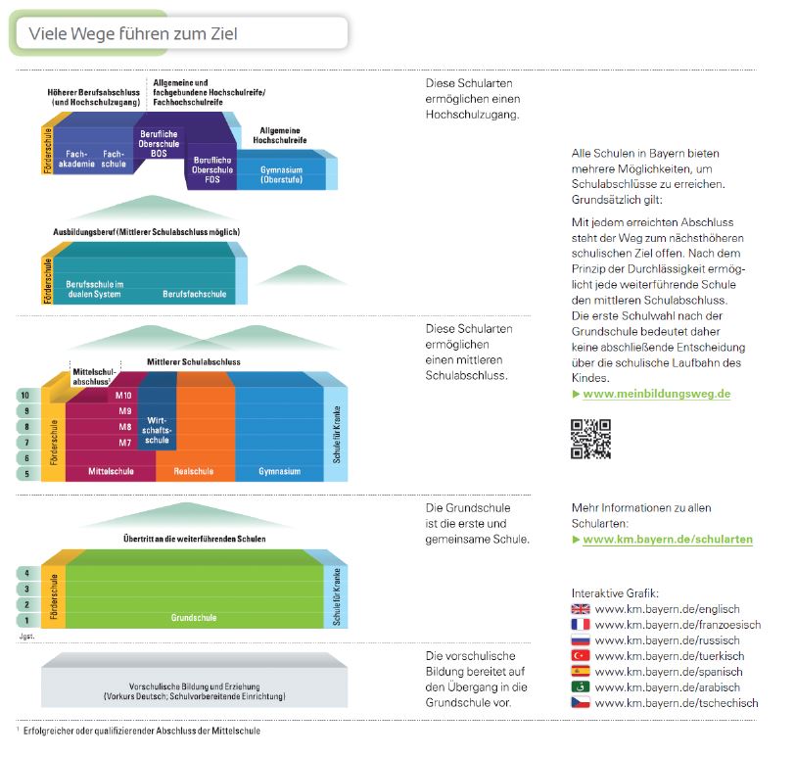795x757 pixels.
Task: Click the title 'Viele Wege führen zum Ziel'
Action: point(133,34)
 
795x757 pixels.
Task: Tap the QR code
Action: point(590,439)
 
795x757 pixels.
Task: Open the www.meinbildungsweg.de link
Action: point(656,394)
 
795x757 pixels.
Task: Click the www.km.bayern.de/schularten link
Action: point(667,540)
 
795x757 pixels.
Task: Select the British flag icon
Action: point(581,609)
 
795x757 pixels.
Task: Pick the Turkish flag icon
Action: point(581,656)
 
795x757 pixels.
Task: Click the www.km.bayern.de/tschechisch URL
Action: point(677,703)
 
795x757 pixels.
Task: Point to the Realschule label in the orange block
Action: point(193,471)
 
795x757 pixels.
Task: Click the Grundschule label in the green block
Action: point(193,618)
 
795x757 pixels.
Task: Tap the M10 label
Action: point(124,395)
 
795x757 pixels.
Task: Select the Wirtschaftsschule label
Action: point(157,430)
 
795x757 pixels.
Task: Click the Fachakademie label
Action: point(77,159)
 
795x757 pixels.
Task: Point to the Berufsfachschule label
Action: point(194,293)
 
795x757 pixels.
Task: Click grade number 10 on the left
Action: point(26,395)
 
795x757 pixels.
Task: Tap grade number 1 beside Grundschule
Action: point(26,620)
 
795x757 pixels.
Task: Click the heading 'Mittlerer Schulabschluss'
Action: point(193,361)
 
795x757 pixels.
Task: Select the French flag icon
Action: point(581,625)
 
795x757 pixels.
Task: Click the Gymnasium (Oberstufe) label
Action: point(280,174)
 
